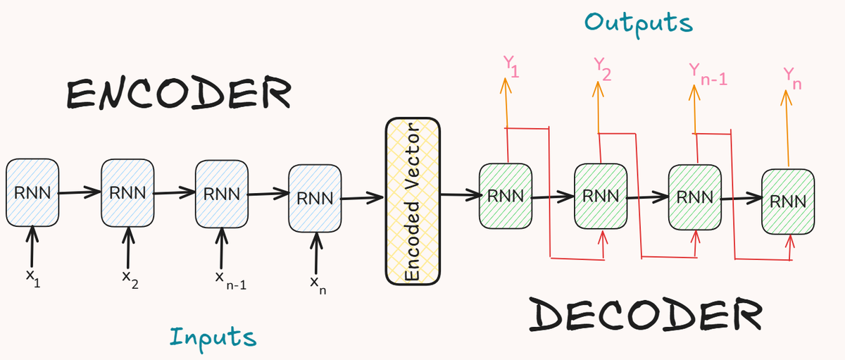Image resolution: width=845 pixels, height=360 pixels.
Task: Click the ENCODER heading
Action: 178,94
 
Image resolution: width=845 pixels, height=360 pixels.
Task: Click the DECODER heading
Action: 644,314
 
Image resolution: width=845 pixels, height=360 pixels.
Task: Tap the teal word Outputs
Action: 639,23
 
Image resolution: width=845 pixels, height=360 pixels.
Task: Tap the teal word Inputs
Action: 213,337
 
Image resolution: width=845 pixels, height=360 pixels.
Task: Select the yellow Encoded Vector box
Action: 413,201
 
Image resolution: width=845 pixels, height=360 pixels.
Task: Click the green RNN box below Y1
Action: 505,196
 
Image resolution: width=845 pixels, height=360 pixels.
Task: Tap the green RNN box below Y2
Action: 600,196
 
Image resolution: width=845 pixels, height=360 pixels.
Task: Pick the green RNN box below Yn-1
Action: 694,196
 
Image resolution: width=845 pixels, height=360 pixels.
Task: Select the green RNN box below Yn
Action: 788,201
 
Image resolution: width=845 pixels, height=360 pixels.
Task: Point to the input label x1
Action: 32,279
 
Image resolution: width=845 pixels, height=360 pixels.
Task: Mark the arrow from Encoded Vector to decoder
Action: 458,195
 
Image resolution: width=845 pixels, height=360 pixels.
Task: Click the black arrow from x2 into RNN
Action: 127,247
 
